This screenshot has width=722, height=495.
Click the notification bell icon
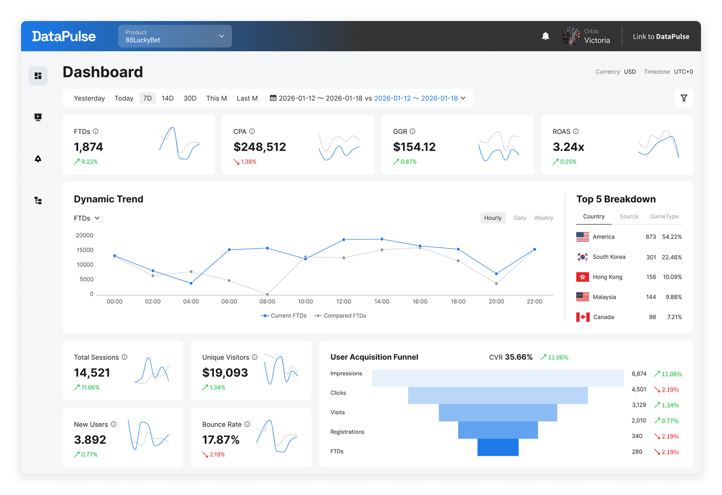(x=545, y=36)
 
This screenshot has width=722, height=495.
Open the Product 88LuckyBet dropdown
(x=175, y=36)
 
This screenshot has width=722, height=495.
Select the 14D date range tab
(x=168, y=98)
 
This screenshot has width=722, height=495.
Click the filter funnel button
(x=683, y=98)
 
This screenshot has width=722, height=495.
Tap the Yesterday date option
(x=89, y=98)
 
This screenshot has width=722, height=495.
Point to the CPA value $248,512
(x=259, y=147)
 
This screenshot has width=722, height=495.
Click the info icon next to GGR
(x=412, y=131)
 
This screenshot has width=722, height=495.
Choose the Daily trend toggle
(x=519, y=218)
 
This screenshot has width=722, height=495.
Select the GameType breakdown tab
(x=664, y=217)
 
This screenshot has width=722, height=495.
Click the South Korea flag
(x=582, y=257)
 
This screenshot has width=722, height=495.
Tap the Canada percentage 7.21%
(x=674, y=317)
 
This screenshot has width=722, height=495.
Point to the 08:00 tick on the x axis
(x=267, y=302)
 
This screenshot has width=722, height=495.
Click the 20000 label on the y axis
(x=84, y=235)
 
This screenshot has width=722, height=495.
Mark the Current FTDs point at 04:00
(x=191, y=283)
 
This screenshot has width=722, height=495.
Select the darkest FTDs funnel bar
(x=498, y=447)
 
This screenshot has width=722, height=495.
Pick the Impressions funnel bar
(x=498, y=378)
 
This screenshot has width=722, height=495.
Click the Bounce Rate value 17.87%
(x=221, y=440)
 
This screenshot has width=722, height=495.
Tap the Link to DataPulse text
(x=661, y=36)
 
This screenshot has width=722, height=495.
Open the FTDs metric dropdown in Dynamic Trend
(x=87, y=218)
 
